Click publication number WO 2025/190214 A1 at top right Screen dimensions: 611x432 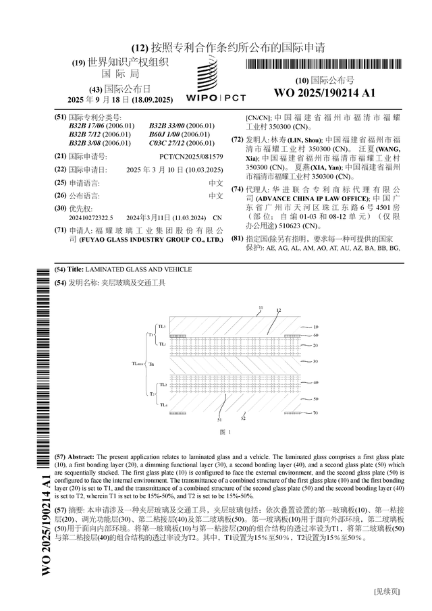[x=325, y=92]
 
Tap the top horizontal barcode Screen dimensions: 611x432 [x=324, y=65]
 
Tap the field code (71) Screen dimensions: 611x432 [x=60, y=230]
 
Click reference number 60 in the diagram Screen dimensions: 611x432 [x=315, y=335]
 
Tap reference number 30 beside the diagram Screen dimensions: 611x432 [x=315, y=362]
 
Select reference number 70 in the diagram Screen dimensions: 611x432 [x=315, y=412]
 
